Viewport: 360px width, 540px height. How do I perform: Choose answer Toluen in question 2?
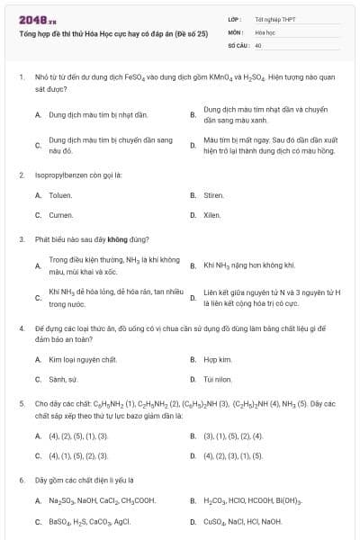point(60,194)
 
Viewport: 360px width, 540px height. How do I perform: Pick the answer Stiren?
point(213,194)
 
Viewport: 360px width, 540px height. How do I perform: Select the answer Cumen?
point(60,215)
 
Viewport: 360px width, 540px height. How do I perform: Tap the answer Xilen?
point(211,215)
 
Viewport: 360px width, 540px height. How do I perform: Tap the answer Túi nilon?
point(218,379)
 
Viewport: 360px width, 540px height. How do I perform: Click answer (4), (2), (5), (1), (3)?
point(77,436)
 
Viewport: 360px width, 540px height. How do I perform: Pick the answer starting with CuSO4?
point(243,521)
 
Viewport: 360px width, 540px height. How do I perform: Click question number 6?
point(21,480)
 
